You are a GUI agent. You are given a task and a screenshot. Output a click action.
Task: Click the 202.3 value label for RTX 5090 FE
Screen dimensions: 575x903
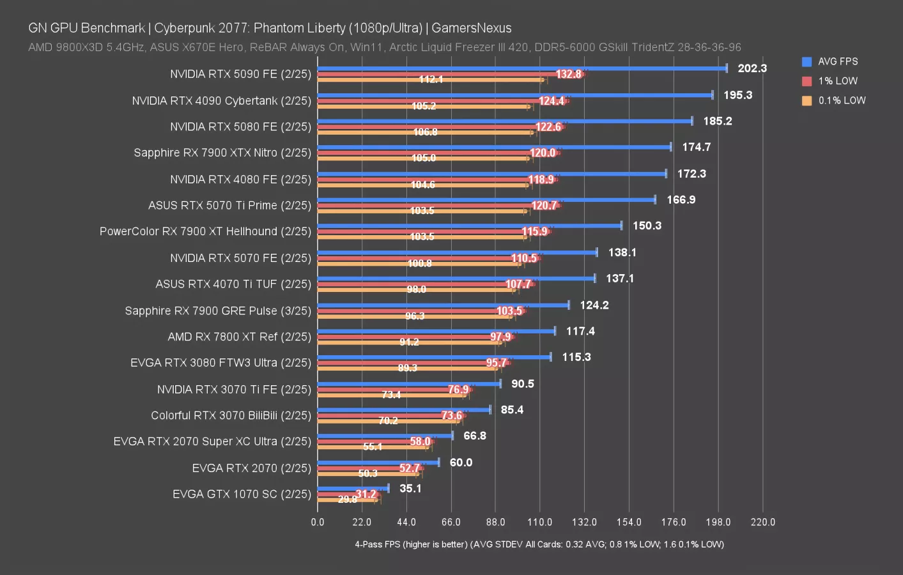[x=752, y=68]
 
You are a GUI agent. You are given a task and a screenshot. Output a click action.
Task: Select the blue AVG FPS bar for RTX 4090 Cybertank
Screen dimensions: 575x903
[x=514, y=95]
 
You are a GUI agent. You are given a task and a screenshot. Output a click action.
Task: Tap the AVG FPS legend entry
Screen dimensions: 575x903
[x=837, y=61]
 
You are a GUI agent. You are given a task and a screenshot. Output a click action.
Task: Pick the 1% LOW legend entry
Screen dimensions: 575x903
[x=837, y=81]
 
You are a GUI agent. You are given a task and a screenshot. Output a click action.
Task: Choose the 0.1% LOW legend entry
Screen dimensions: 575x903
[x=841, y=100]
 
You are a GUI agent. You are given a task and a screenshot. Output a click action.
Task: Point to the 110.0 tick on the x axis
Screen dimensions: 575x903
[x=539, y=522]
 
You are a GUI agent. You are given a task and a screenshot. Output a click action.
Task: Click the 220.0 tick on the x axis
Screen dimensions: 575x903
[x=762, y=522]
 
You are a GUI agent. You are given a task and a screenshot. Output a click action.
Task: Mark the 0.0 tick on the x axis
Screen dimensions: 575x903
[x=318, y=522]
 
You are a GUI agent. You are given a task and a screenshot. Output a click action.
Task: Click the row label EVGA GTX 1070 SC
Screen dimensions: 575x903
[x=242, y=494]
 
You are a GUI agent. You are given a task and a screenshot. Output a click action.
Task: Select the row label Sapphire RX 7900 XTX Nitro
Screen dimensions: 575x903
[x=222, y=153]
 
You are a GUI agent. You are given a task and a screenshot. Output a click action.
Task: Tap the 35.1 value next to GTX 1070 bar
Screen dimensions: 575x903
[x=410, y=488]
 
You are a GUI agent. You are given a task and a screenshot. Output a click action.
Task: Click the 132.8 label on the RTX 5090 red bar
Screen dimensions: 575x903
[x=568, y=74]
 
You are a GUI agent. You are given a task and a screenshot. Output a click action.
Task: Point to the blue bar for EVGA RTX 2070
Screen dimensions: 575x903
[x=378, y=462]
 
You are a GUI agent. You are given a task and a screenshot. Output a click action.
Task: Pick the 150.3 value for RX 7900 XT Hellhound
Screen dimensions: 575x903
[x=647, y=226]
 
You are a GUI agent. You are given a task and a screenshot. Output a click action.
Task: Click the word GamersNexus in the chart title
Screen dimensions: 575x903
[x=472, y=28]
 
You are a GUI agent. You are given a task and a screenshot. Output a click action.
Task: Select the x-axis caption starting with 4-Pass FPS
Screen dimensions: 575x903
[x=539, y=544]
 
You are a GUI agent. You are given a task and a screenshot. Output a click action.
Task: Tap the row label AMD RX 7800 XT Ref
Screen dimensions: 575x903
[x=239, y=337]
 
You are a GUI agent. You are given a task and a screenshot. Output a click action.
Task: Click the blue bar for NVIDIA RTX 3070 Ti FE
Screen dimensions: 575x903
[x=409, y=383]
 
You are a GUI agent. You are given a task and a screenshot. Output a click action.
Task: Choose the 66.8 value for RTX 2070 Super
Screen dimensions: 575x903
[x=474, y=436]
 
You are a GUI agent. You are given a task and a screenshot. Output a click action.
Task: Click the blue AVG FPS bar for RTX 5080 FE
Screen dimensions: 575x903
[x=505, y=121]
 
